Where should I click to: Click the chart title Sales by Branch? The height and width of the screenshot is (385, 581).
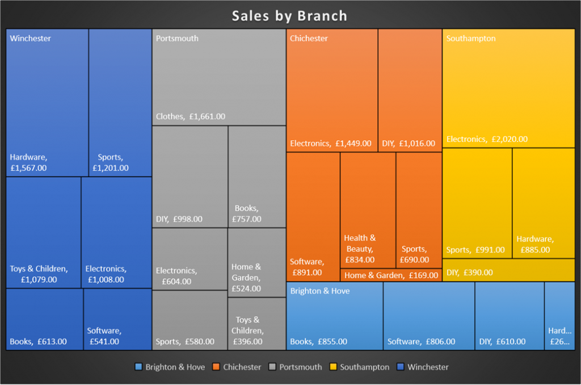(289, 15)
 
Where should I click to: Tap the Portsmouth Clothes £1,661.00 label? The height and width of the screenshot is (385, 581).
(191, 116)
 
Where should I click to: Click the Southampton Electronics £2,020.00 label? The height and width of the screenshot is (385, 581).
(487, 139)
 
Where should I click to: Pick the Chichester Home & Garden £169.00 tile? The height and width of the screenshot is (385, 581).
(391, 275)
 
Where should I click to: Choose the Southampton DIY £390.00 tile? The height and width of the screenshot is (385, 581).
(508, 270)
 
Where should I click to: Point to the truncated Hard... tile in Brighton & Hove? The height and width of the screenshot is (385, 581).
(559, 316)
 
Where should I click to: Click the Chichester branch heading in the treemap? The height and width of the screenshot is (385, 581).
(309, 39)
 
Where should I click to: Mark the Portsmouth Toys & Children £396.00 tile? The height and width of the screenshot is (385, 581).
(256, 324)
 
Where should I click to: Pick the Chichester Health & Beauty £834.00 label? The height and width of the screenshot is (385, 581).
(360, 249)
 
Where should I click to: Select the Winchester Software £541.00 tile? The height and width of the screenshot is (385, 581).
(117, 319)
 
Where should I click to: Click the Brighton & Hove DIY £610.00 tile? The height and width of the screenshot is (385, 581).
(509, 316)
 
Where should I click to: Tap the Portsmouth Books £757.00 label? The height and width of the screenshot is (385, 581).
(247, 214)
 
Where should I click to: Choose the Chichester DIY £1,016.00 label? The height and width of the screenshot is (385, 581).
(409, 144)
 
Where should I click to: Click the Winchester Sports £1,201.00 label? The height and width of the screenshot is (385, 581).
(110, 162)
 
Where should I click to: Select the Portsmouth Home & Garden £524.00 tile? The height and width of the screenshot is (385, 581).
(256, 262)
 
